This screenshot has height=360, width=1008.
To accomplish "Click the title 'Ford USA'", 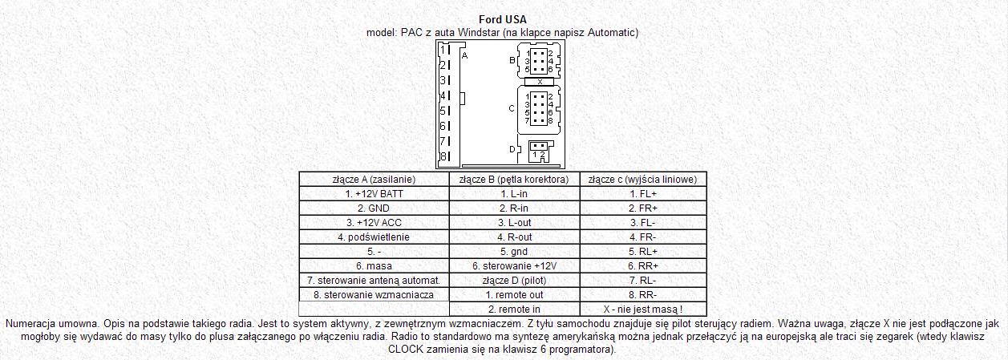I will pos(502,19).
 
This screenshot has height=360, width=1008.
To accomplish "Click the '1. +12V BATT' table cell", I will pos(374,193).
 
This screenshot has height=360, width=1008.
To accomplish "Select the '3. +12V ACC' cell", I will pos(374,222).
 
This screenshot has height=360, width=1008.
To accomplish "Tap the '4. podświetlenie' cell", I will pos(374,237).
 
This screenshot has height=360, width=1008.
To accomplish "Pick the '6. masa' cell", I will pos(374,265).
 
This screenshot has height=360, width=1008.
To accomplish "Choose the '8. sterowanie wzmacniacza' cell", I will pos(374,294).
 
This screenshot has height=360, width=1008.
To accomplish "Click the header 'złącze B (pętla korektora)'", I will pos(514,179).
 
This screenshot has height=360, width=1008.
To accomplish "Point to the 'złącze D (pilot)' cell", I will pos(514,280).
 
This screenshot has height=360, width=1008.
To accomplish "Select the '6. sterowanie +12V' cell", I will pos(514,265).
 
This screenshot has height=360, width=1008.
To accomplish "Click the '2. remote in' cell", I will pos(514,309).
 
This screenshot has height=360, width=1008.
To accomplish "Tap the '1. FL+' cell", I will pos(643,193).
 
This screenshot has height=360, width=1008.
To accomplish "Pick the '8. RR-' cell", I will pos(643,294).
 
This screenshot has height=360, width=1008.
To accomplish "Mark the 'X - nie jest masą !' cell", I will pos(643,309).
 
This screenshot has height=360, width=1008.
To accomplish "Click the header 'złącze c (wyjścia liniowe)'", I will pos(643,179).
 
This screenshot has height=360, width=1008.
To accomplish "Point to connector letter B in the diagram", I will pos(512,60).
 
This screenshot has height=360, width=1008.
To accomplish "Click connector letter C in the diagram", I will pos(512,107).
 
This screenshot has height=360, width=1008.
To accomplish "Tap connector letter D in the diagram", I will pos(512,148).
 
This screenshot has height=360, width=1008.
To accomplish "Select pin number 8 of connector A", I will pos(443,156).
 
